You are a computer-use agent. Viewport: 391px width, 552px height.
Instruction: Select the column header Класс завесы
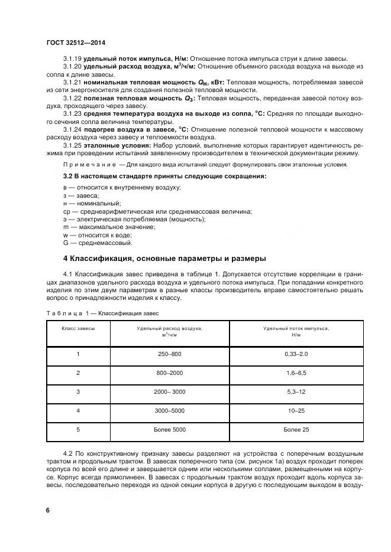(78, 328)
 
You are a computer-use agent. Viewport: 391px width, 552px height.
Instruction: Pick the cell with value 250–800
(170, 354)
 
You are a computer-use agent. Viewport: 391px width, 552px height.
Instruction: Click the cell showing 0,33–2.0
(296, 354)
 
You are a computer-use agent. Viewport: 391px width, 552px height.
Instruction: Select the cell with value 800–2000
(170, 373)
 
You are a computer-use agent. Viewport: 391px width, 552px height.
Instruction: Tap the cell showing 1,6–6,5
(296, 373)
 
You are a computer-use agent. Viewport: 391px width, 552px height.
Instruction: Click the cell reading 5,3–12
(296, 391)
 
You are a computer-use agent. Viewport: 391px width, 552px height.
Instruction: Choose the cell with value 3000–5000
(170, 410)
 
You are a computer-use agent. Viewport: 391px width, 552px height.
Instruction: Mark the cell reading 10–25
(296, 410)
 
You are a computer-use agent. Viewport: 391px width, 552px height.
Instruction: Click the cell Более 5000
(170, 429)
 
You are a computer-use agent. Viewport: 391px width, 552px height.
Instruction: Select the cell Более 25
(296, 429)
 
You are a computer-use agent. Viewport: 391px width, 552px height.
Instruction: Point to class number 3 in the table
(78, 391)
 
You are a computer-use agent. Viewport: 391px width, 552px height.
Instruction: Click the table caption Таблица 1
(66, 313)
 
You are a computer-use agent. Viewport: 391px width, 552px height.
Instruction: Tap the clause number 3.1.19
(72, 58)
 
